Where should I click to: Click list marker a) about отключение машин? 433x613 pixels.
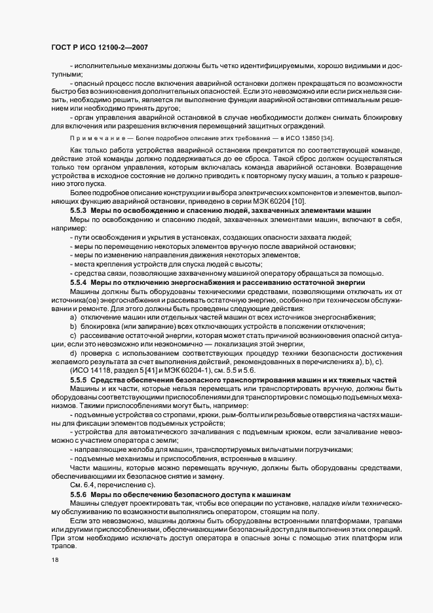point(73,317)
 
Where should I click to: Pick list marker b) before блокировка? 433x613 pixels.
point(73,325)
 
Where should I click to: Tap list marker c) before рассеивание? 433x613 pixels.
point(73,334)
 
